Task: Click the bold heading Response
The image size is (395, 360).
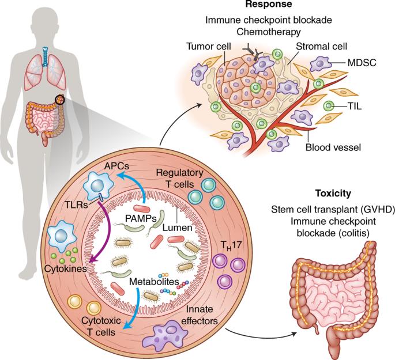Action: click(269, 4)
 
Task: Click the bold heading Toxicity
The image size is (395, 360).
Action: click(333, 194)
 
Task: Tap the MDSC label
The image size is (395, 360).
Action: click(362, 63)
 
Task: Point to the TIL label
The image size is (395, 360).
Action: click(355, 106)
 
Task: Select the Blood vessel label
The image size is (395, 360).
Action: click(333, 147)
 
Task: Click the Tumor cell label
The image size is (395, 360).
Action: click(209, 47)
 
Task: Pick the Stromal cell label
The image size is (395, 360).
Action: click(321, 46)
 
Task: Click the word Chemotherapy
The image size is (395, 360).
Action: click(269, 32)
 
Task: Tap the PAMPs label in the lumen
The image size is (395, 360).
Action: click(141, 218)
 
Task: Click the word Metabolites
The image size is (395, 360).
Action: click(154, 282)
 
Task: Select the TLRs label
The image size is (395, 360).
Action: click(76, 205)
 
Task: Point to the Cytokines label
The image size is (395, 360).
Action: click(66, 268)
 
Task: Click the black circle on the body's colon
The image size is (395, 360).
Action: click(60, 100)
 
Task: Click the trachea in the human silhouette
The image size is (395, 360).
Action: click(45, 56)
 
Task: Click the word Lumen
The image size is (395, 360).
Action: click(177, 228)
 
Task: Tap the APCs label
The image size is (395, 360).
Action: click(116, 166)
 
